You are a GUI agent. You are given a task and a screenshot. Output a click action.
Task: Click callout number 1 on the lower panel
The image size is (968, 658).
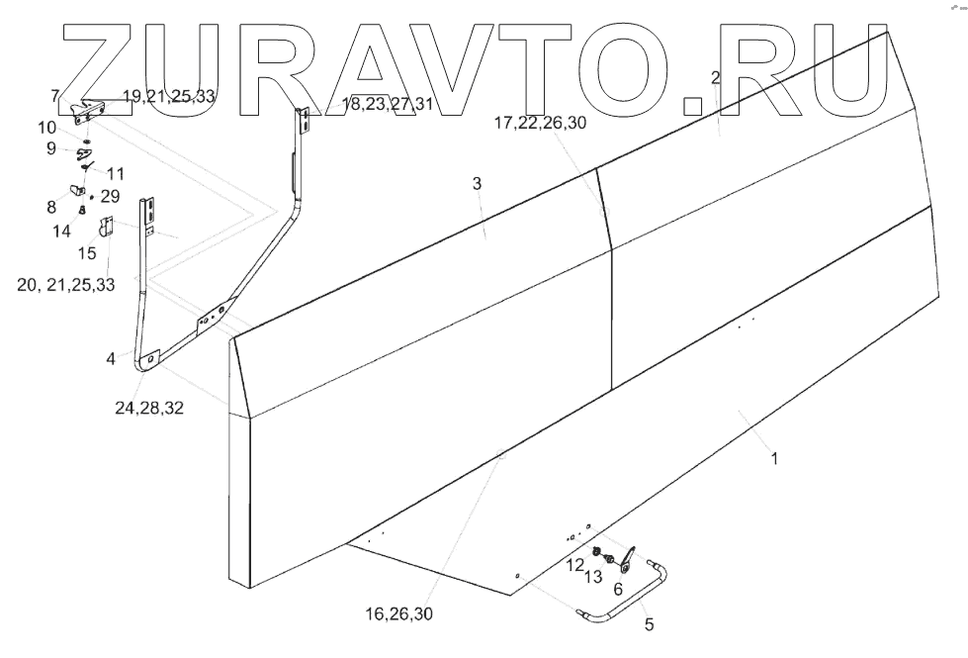click(775, 459)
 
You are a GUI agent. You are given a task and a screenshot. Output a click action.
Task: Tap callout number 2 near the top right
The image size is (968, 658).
click(716, 77)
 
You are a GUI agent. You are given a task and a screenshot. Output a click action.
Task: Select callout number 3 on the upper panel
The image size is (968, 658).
click(477, 184)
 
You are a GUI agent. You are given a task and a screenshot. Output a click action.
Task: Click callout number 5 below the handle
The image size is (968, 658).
click(649, 624)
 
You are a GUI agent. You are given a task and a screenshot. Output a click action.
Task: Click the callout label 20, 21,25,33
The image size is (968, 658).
click(66, 284)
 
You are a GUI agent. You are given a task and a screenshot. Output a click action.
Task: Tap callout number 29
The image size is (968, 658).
click(109, 197)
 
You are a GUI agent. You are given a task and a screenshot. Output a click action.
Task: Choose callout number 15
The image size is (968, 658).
click(87, 252)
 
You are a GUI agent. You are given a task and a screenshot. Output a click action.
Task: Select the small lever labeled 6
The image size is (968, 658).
click(627, 560)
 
